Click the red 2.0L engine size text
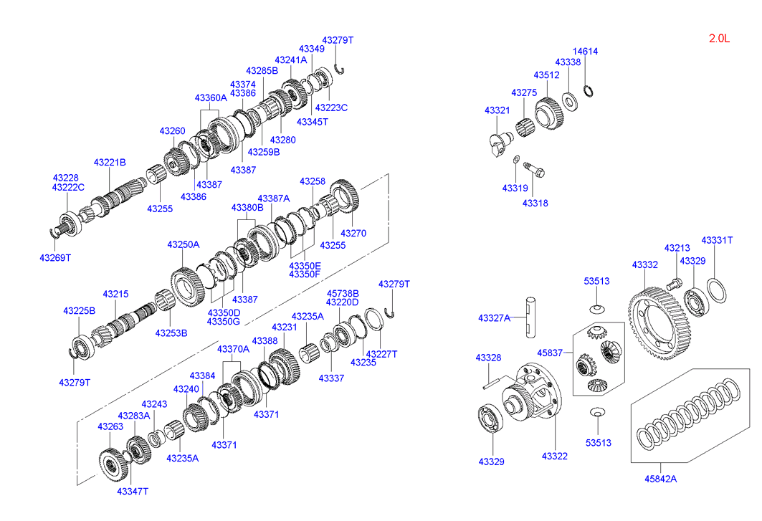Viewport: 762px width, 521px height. pos(718,39)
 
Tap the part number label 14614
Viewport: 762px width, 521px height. pos(585,52)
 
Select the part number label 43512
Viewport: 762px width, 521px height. pos(546,75)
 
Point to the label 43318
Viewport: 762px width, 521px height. pos(535,204)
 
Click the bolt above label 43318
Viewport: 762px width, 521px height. pos(533,170)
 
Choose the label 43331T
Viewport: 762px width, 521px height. pos(717,240)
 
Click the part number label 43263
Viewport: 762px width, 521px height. pos(110,426)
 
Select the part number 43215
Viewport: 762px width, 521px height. pos(115,294)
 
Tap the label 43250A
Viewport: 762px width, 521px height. pos(183,244)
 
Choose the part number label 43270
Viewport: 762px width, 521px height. pos(353,233)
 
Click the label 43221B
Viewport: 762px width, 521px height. pos(110,162)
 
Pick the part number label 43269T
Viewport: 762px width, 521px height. pos(55,257)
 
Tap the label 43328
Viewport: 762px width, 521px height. pos(488,357)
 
